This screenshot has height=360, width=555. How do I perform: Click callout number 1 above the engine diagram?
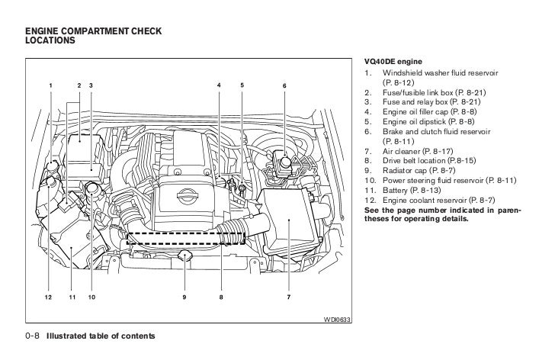[51, 84]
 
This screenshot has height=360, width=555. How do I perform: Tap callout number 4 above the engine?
[219, 84]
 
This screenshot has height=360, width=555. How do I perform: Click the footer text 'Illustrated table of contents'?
[101, 336]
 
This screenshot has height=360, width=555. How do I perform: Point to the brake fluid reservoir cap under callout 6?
[284, 161]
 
